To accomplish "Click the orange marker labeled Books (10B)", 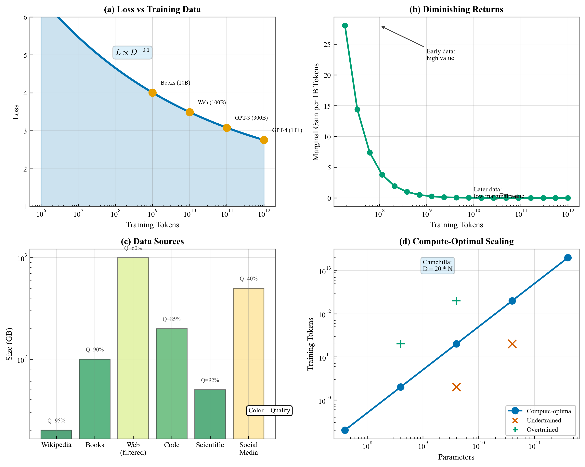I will pos(152,93).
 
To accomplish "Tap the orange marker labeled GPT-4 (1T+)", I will pos(264,140).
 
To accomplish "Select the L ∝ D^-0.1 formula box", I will pos(132,52).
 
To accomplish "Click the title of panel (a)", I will pos(152,9).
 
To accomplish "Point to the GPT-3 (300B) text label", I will pos(251,118).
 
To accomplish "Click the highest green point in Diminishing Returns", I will pos(345,25).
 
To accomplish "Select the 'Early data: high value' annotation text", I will pos(440,55).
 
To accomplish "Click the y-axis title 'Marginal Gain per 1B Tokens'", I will pos(316,112).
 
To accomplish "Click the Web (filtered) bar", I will pos(133,348).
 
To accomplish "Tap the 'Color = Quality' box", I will pos(269,410).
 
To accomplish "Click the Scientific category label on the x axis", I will pos(210,445).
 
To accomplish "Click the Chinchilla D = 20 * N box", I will pos(437,266).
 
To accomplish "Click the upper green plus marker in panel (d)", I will pos(456,301).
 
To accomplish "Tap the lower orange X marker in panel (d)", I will pos(456,387).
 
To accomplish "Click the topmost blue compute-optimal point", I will pos(568,258).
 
